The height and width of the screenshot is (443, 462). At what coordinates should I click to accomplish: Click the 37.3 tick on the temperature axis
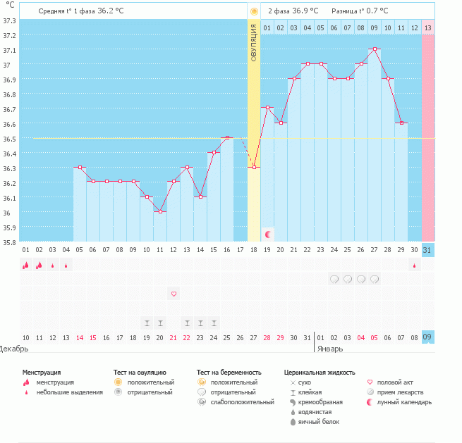pyautogui.click(x=10, y=20)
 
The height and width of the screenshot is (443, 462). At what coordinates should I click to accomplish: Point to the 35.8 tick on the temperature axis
pyautogui.click(x=10, y=242)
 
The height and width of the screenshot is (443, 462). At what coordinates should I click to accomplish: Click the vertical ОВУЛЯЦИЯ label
pyautogui.click(x=254, y=42)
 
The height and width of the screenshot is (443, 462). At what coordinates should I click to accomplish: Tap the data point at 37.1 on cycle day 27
pyautogui.click(x=375, y=49)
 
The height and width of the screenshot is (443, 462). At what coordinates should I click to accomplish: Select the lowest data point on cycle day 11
pyautogui.click(x=160, y=211)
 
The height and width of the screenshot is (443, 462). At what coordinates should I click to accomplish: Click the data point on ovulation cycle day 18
pyautogui.click(x=254, y=167)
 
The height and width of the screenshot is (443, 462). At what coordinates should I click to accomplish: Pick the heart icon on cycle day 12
pyautogui.click(x=174, y=293)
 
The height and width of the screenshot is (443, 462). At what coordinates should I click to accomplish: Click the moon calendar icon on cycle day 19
pyautogui.click(x=267, y=233)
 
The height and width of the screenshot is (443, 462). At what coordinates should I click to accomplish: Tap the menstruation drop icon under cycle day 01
pyautogui.click(x=25, y=265)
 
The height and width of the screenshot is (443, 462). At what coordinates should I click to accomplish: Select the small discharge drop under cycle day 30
pyautogui.click(x=415, y=266)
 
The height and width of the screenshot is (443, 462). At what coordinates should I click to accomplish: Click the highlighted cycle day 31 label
pyautogui.click(x=428, y=249)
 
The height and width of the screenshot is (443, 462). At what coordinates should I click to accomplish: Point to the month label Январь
pyautogui.click(x=330, y=348)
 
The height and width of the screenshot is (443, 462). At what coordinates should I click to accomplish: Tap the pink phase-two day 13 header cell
pyautogui.click(x=428, y=27)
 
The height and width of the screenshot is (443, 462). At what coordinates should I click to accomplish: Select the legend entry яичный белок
pyautogui.click(x=320, y=422)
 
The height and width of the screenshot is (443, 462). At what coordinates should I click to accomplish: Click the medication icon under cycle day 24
pyautogui.click(x=334, y=279)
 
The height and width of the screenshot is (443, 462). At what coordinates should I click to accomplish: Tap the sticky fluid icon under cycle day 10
pyautogui.click(x=147, y=323)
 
